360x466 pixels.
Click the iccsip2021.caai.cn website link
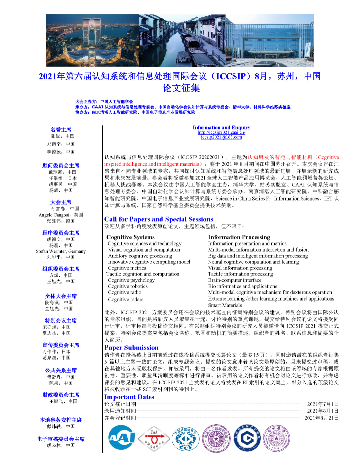pyautogui.click(x=221, y=132)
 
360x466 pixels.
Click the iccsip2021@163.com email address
pyautogui.click(x=221, y=137)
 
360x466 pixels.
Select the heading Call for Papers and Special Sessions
pyautogui.click(x=158, y=219)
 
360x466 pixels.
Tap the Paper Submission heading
pyautogui.click(x=131, y=348)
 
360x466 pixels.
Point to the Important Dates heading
pyautogui.click(x=129, y=397)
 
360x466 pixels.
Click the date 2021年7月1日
pyautogui.click(x=322, y=404)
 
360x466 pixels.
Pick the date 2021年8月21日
pyautogui.click(x=321, y=418)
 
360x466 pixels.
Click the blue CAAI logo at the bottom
pyautogui.click(x=122, y=437)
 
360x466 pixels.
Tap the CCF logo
pyautogui.click(x=185, y=438)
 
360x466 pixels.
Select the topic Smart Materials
pyautogui.click(x=225, y=305)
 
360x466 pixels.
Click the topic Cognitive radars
pyautogui.click(x=125, y=300)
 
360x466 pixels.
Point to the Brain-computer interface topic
pyautogui.click(x=235, y=280)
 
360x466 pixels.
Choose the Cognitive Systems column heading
pyautogui.click(x=130, y=237)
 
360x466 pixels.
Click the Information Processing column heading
pyautogui.click(x=239, y=237)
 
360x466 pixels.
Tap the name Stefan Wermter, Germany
pyautogui.click(x=61, y=251)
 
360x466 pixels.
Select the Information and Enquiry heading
pyautogui.click(x=221, y=127)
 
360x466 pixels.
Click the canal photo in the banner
pyautogui.click(x=182, y=40)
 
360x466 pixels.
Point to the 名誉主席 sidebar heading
pyautogui.click(x=61, y=129)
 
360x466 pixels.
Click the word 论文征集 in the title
pyautogui.click(x=181, y=88)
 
